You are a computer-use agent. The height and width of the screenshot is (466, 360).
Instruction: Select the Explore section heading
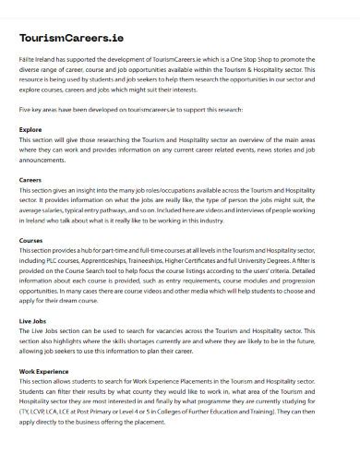coord(30,130)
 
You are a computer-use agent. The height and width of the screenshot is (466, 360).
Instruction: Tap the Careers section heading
coord(30,180)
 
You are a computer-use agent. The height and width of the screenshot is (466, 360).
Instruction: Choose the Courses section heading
coord(30,240)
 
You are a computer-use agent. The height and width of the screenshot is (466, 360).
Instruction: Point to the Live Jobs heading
coord(34,320)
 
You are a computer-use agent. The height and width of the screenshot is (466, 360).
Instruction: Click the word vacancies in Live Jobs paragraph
coord(194,331)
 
